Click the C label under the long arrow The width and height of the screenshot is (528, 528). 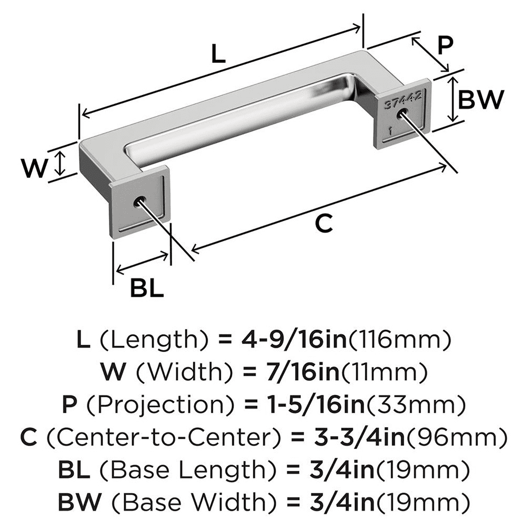[323, 224]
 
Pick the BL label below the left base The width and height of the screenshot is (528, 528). [147, 289]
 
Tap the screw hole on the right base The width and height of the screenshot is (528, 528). [403, 115]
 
